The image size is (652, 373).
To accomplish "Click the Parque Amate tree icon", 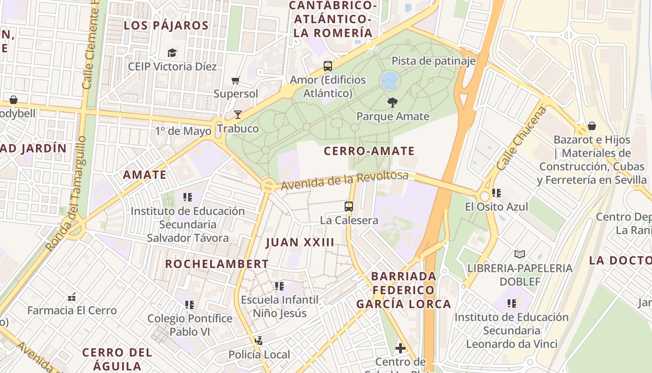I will (393, 102).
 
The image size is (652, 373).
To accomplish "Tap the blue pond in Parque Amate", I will (390, 81).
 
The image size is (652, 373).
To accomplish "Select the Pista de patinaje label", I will (433, 61).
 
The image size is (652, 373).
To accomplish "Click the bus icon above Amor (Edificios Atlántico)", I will (328, 66).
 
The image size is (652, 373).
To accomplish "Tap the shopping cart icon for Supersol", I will (236, 81).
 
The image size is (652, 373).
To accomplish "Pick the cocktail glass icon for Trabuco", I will (238, 114).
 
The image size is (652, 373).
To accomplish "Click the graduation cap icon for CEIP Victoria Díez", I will (172, 53).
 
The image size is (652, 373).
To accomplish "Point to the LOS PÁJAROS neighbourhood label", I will (166, 26).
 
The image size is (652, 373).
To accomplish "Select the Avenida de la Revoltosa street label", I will (344, 180).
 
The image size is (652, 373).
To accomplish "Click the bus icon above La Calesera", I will (349, 206).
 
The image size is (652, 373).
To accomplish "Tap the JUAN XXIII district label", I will (300, 242).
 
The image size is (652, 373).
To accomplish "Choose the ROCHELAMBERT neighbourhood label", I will (217, 264).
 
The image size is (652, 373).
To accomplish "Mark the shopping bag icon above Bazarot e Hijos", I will (591, 126).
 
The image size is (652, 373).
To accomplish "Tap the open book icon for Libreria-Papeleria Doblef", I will (520, 254).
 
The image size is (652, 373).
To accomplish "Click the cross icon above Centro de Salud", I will (400, 348).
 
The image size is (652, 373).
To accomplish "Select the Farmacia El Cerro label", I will (72, 311).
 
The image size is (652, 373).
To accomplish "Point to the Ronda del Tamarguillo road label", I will (66, 193).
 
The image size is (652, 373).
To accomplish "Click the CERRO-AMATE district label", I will (369, 151).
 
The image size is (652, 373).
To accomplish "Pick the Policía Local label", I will (259, 355).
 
